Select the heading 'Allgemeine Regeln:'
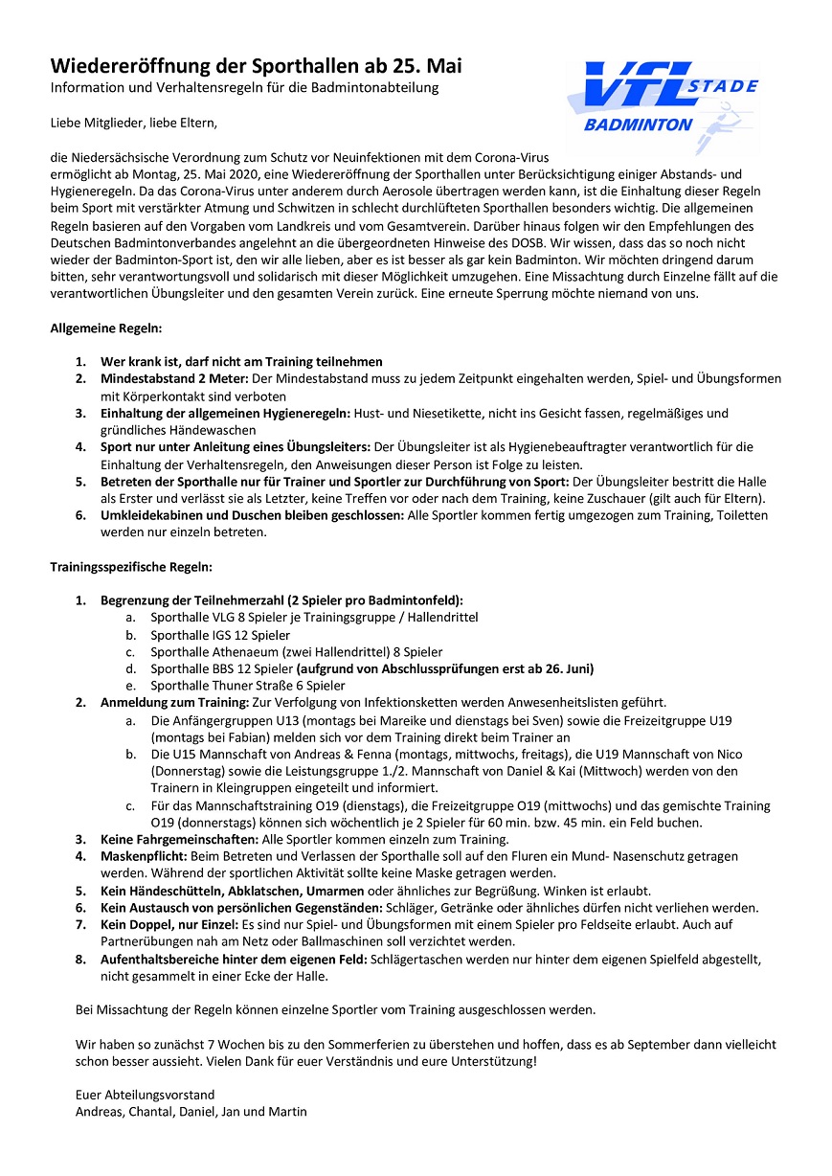click(x=106, y=328)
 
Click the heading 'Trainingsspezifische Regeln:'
click(x=131, y=567)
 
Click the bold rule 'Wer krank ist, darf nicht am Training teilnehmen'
click(x=241, y=361)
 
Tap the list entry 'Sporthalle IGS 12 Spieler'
click(x=220, y=635)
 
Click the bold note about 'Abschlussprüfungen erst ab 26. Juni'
click(x=445, y=668)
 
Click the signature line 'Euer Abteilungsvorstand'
click(x=145, y=1094)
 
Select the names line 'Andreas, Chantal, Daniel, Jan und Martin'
click(x=191, y=1111)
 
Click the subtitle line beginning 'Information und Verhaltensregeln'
click(x=244, y=88)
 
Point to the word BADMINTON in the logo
click(x=638, y=124)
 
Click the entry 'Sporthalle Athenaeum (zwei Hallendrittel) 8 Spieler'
click(x=296, y=652)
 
